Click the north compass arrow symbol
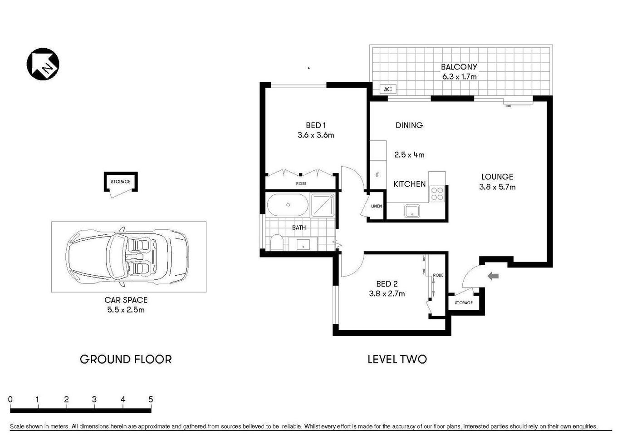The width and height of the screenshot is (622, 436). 43,64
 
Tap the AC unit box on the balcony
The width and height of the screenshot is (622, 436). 388,89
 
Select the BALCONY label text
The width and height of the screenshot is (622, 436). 459,67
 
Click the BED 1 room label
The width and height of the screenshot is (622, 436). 316,125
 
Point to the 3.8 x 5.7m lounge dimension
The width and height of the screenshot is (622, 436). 497,187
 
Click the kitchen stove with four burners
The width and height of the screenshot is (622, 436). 437,194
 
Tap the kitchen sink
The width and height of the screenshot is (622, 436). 412,211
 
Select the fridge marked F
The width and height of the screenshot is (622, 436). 378,175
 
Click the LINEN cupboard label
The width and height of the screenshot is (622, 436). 377,206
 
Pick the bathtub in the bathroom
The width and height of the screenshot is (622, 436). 288,205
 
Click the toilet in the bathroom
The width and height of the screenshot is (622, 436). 276,242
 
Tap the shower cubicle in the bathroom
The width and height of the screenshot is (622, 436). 323,205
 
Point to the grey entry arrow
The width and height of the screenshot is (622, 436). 493,276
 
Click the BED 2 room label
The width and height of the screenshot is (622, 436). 387,284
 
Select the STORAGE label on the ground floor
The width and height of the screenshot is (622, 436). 121,182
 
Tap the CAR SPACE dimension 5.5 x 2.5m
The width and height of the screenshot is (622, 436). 126,310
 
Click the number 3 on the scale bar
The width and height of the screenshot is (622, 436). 94,400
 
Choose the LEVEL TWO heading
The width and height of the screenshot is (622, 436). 397,359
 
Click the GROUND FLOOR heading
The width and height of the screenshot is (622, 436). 126,359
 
